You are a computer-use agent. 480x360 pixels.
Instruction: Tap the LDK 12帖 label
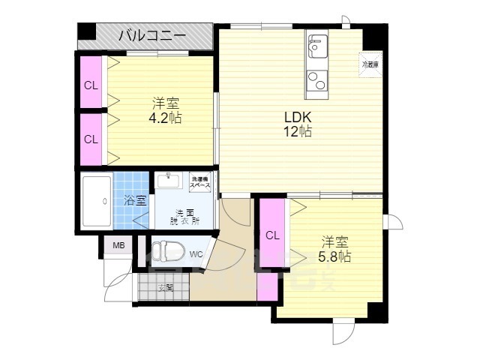point(297,124)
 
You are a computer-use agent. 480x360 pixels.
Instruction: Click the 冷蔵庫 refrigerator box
point(370,64)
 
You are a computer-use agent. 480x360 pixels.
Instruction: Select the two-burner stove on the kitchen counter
point(316,79)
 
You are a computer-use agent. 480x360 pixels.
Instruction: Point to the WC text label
point(196,254)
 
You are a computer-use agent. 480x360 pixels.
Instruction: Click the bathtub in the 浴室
point(95,200)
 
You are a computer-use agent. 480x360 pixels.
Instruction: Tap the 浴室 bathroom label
point(135,200)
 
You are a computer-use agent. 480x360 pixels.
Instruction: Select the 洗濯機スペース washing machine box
point(200,182)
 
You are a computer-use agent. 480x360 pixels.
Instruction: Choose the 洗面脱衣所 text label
point(183,216)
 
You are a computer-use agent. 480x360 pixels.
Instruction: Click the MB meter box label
point(118,246)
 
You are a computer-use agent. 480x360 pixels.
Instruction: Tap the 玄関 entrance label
point(166,287)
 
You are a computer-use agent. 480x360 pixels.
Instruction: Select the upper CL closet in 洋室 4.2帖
point(91,85)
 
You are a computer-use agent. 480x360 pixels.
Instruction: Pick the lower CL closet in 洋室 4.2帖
point(91,139)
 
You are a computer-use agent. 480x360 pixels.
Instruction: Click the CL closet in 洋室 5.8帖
point(272,235)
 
